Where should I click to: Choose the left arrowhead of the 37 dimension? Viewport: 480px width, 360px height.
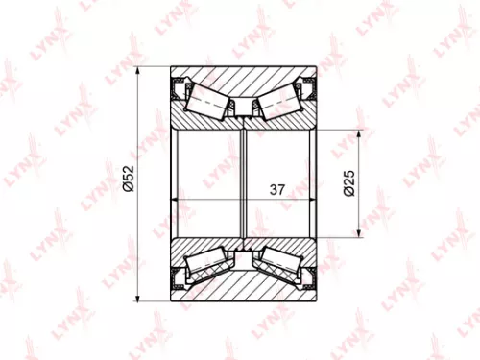pyautogui.click(x=176, y=199)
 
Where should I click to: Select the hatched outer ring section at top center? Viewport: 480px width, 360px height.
pyautogui.click(x=245, y=77)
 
